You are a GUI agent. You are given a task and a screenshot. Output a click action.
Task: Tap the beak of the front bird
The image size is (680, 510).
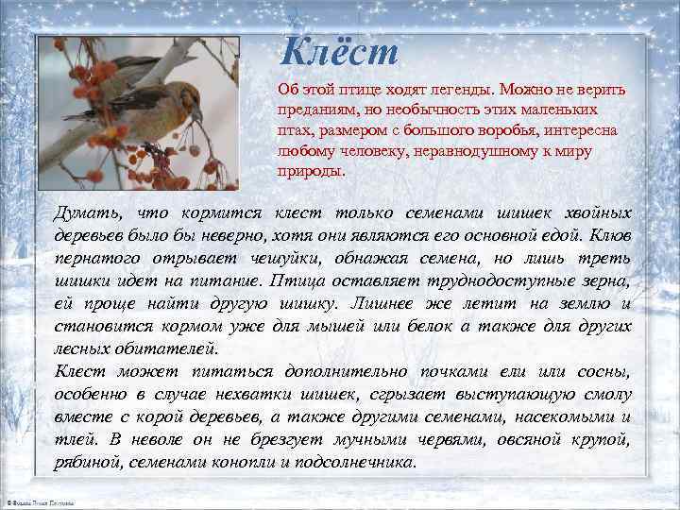(197, 115)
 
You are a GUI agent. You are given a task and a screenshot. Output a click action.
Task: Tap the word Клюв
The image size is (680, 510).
(609, 234)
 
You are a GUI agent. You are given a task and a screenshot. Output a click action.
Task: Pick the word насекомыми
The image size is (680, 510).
(558, 416)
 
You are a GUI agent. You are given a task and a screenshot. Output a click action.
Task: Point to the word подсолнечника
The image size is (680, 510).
(358, 462)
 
